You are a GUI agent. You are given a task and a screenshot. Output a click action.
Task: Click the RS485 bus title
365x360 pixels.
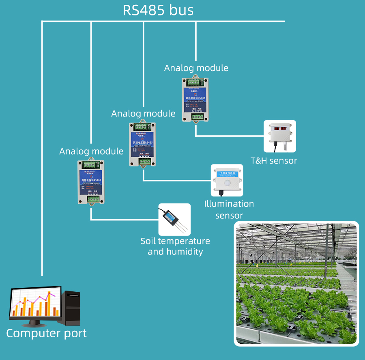[x=158, y=11]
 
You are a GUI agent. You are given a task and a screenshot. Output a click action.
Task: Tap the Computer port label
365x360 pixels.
[x=46, y=334]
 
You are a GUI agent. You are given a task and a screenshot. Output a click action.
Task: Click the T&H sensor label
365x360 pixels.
[x=274, y=161]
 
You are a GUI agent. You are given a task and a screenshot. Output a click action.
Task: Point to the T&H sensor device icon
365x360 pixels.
[x=280, y=136]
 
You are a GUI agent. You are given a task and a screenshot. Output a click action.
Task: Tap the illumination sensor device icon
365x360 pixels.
[x=227, y=180]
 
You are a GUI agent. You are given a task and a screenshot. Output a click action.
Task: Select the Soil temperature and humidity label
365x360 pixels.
[x=175, y=246]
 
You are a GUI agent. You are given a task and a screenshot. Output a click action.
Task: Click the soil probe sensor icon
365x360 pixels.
[x=174, y=220]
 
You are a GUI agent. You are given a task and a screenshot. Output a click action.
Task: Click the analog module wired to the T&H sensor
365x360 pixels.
[x=196, y=99]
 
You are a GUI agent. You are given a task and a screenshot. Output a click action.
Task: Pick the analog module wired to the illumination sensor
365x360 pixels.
[x=143, y=144]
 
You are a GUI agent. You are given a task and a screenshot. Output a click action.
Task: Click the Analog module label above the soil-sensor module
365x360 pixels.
[x=91, y=151]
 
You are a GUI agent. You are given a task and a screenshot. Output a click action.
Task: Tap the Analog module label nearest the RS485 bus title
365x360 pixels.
[x=196, y=68]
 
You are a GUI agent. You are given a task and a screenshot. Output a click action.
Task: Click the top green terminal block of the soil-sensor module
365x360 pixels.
[x=91, y=165]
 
